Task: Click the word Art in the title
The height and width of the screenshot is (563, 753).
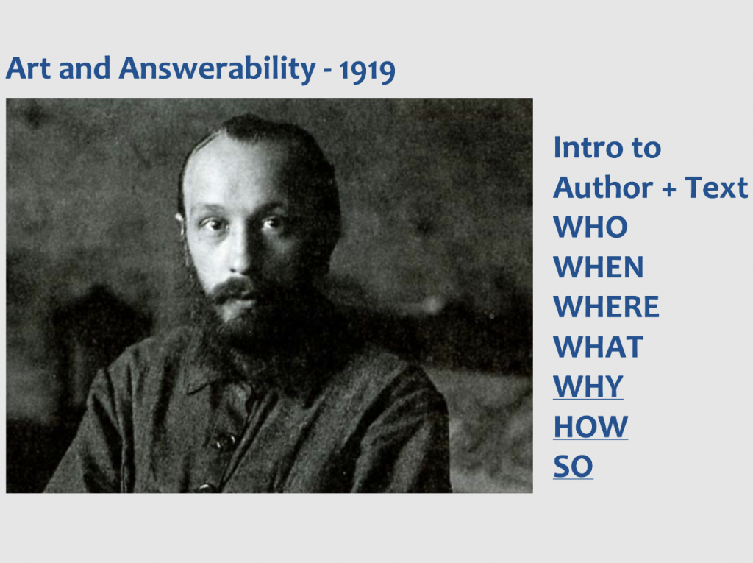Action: click(x=29, y=68)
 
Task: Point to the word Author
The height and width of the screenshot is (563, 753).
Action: click(x=603, y=187)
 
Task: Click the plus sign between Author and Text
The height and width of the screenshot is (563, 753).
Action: click(x=669, y=189)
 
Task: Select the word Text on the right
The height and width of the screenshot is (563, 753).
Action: click(x=716, y=187)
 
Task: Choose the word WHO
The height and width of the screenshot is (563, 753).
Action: click(x=590, y=227)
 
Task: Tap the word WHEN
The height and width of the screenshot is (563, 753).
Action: click(x=599, y=267)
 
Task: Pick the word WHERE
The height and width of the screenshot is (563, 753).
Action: click(x=607, y=307)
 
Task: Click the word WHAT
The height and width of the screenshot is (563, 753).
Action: click(x=599, y=347)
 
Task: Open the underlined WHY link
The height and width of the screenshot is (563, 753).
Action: click(x=588, y=386)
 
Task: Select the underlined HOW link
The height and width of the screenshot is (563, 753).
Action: click(x=590, y=426)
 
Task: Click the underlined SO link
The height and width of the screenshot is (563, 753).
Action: click(x=574, y=467)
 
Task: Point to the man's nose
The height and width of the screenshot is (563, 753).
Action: click(x=240, y=255)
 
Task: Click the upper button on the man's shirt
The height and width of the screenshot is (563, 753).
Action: click(x=225, y=440)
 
